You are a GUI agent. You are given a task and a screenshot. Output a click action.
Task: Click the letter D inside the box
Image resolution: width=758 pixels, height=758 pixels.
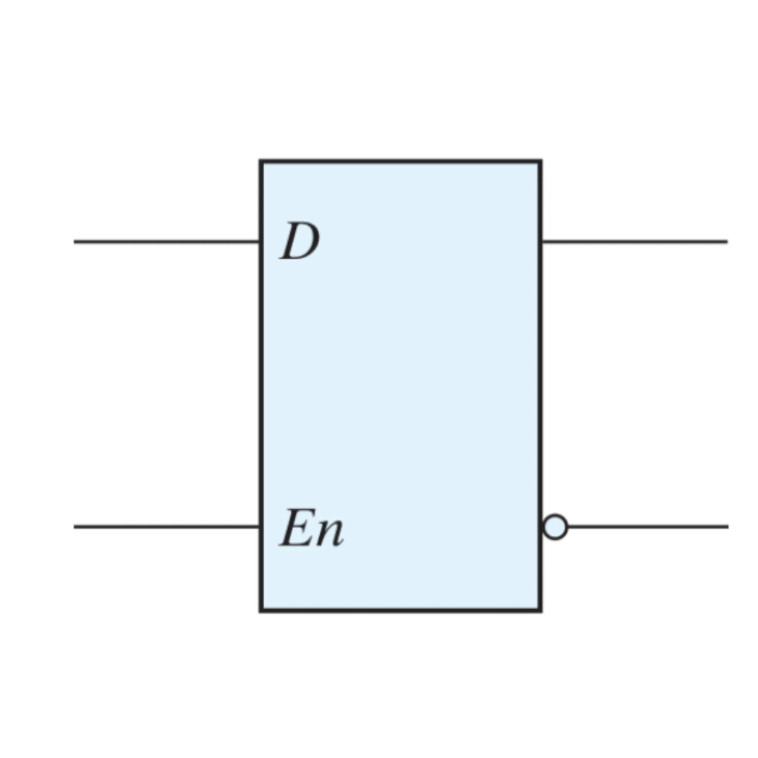[x=300, y=241]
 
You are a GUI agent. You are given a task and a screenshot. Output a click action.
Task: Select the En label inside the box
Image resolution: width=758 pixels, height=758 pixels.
[x=312, y=528]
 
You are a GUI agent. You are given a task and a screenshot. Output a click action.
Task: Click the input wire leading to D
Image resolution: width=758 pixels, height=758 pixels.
[x=167, y=242]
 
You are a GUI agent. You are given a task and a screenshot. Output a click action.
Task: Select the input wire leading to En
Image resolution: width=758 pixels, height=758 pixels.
[x=167, y=527]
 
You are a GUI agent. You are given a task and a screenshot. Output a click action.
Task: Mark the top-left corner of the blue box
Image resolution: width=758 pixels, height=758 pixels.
[x=261, y=161]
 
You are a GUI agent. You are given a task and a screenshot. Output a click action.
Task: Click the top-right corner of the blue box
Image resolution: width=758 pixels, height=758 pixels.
[x=541, y=161]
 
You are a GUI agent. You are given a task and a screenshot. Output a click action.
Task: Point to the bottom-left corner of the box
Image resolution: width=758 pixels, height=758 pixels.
[x=261, y=610]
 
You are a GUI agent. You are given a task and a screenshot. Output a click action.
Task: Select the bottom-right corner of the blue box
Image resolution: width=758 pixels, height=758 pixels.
[x=541, y=610]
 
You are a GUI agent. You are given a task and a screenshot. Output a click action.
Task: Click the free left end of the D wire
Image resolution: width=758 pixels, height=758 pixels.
[x=74, y=242]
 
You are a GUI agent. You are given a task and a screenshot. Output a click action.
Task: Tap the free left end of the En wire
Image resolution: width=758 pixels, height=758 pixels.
[x=74, y=527]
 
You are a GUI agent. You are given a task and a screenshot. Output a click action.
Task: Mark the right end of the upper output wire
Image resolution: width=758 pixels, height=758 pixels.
[x=727, y=242]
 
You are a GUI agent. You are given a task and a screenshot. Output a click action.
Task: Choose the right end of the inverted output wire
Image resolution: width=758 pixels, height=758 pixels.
[x=728, y=527]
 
